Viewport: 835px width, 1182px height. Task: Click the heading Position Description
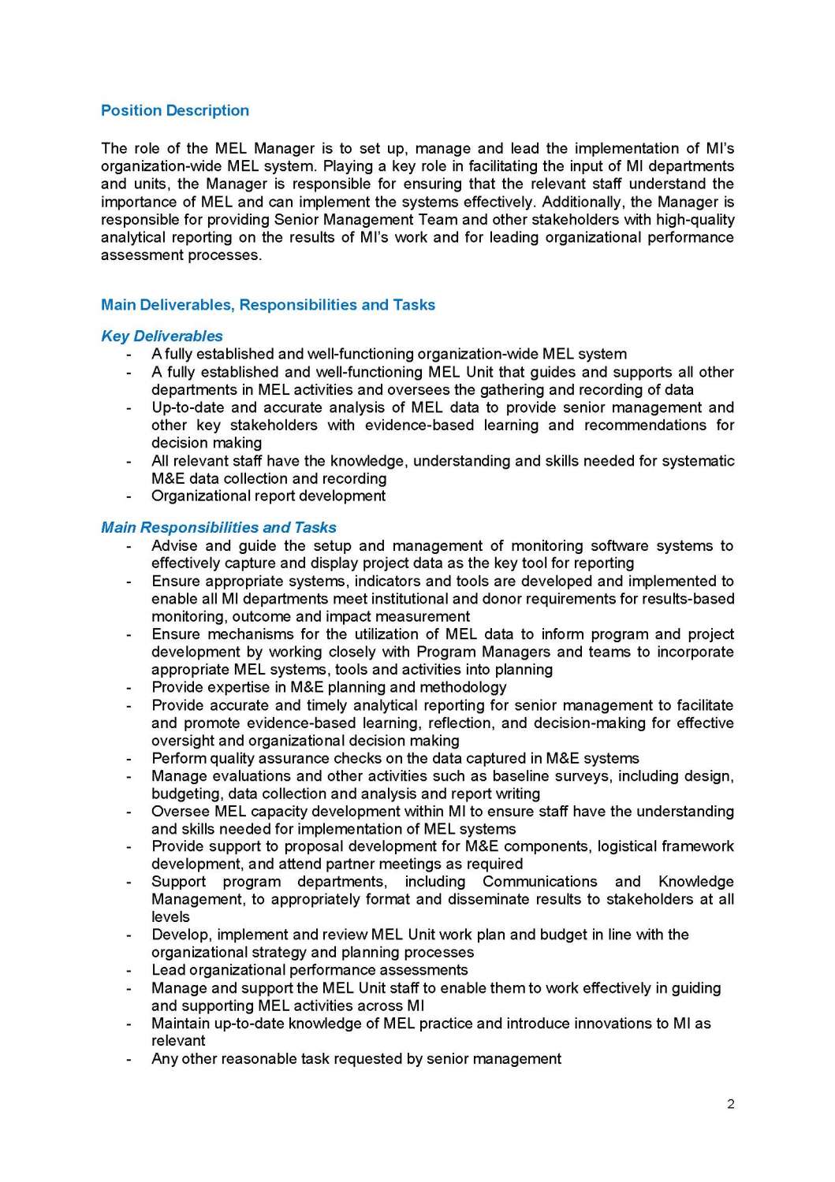pyautogui.click(x=174, y=111)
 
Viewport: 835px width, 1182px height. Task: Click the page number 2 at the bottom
pyautogui.click(x=730, y=1104)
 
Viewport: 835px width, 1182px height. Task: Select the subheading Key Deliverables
pyautogui.click(x=162, y=336)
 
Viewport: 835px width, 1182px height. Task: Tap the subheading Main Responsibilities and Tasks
pyautogui.click(x=218, y=528)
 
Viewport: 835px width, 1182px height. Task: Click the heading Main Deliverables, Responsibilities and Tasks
pyautogui.click(x=267, y=305)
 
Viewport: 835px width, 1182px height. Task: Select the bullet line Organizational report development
pyautogui.click(x=268, y=496)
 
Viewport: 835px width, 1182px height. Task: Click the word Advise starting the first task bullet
pyautogui.click(x=173, y=546)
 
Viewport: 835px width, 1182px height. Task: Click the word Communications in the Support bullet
pyautogui.click(x=539, y=882)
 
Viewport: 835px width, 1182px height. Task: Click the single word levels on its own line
pyautogui.click(x=170, y=917)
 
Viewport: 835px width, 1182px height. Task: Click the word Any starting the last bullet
pyautogui.click(x=164, y=1059)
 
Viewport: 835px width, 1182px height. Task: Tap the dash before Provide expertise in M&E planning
pyautogui.click(x=129, y=688)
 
